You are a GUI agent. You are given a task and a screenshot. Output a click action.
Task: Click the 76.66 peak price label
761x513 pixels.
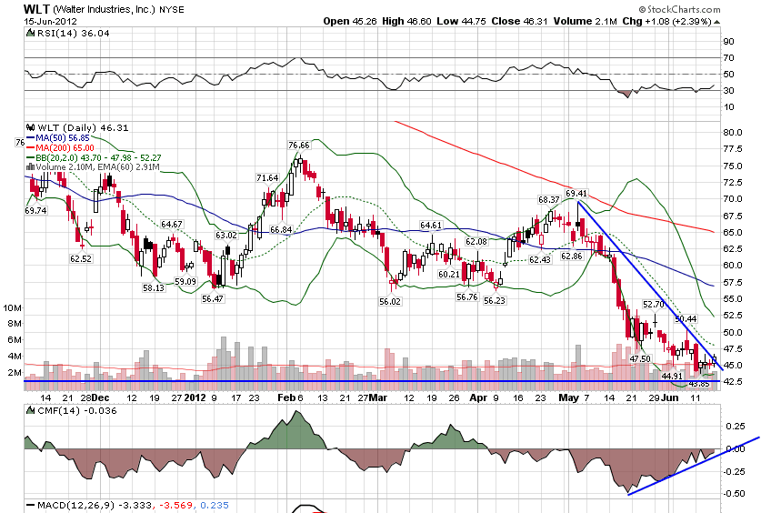[x=299, y=146]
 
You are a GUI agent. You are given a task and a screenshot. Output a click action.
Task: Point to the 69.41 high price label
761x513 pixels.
[x=576, y=194]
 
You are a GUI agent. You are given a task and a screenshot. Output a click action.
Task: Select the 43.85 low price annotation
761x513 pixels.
[x=697, y=383]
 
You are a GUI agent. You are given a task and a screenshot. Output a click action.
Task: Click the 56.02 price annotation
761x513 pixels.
[x=391, y=301]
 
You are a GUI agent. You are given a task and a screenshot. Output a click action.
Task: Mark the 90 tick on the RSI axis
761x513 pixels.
[x=728, y=41]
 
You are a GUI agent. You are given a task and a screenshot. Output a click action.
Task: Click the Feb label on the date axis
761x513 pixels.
[x=288, y=397]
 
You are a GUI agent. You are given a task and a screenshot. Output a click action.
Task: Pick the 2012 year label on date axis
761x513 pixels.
[x=195, y=397]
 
